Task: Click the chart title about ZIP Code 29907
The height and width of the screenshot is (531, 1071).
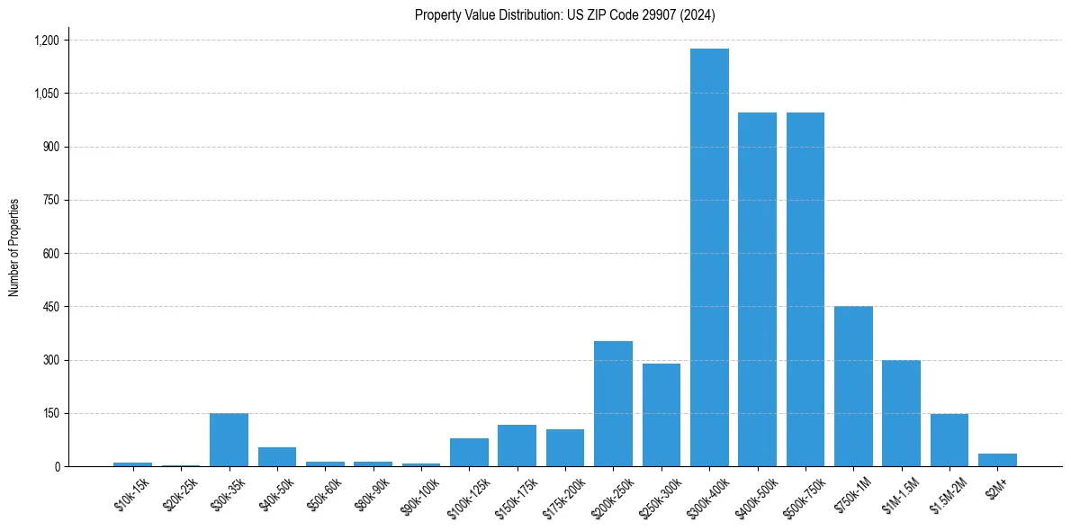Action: coord(564,15)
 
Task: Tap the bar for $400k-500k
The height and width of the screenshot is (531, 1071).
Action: coord(757,289)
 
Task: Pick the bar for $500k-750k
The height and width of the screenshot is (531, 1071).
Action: coord(805,289)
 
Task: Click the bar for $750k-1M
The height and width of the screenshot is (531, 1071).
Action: coord(853,386)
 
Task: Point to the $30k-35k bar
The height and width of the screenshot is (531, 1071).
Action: coord(229,439)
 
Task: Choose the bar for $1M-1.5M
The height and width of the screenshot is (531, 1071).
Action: coord(901,413)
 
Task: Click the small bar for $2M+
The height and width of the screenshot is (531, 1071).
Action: coord(997,460)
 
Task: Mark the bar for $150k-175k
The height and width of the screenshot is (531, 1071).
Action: coord(517,445)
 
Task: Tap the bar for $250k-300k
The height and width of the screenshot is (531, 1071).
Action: coord(661,415)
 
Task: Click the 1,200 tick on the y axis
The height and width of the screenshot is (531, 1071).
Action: coord(46,40)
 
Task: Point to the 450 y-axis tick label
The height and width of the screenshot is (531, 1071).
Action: coord(51,307)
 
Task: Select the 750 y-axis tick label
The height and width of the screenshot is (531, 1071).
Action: coord(51,201)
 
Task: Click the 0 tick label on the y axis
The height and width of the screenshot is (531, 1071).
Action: coord(57,467)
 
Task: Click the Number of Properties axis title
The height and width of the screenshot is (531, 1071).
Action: coord(14,247)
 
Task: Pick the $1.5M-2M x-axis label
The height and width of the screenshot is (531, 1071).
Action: coord(949,495)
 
